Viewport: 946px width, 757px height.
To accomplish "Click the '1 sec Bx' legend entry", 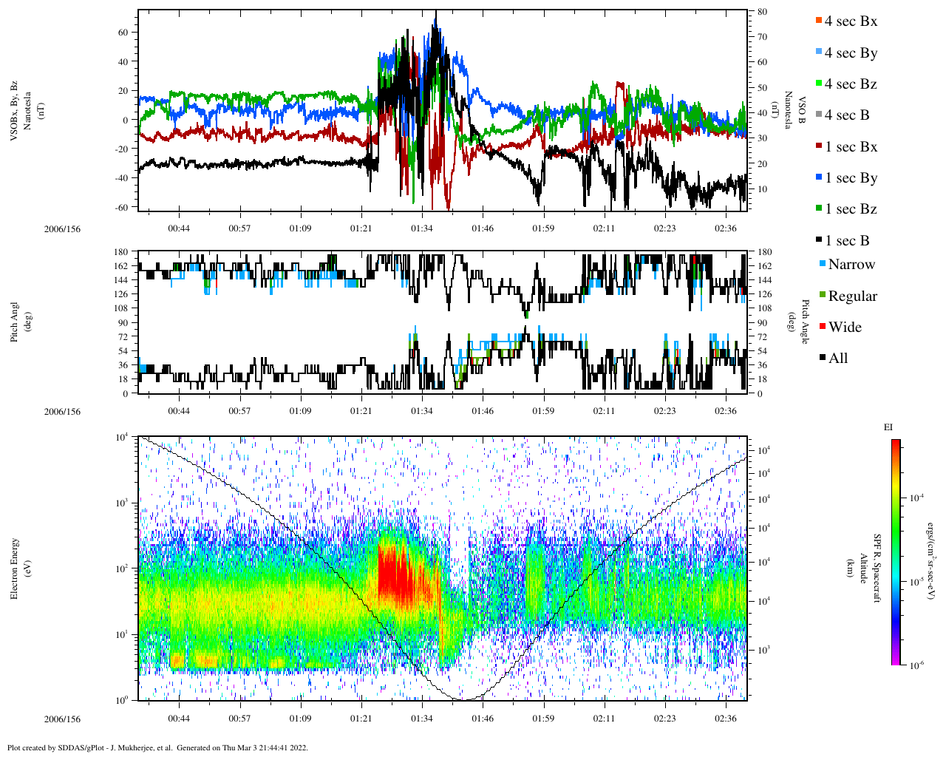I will click(851, 147).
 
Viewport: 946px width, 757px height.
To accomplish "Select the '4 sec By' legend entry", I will click(851, 53).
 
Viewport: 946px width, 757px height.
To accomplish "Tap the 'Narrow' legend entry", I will click(851, 265).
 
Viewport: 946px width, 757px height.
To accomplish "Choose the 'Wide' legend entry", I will click(845, 327).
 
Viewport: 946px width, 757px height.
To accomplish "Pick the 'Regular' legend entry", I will click(852, 296).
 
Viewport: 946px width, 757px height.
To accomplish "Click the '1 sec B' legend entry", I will click(847, 241).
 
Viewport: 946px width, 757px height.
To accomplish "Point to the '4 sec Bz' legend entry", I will click(851, 84).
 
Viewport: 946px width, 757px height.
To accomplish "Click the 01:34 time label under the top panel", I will click(422, 228).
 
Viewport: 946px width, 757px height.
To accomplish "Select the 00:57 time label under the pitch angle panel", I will click(239, 411).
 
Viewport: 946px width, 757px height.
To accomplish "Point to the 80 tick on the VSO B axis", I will click(762, 12).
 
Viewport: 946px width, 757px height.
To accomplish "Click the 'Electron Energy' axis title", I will click(15, 568).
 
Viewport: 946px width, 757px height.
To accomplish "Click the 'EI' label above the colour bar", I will click(888, 427).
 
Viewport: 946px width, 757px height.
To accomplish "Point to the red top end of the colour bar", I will click(895, 442).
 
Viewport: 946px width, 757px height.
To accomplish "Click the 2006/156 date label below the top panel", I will click(62, 229).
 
